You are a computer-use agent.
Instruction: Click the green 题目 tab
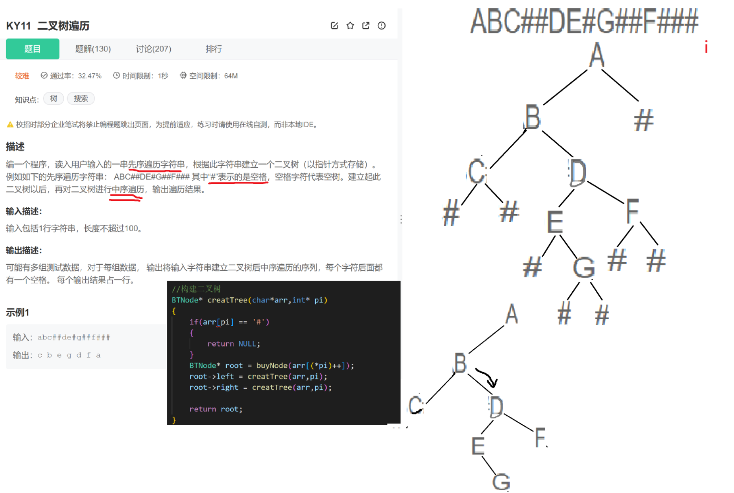[32, 49]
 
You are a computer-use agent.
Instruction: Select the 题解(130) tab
[93, 49]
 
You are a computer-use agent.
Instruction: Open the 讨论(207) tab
[153, 49]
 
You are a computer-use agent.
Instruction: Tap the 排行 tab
[213, 49]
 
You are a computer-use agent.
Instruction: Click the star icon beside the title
[350, 25]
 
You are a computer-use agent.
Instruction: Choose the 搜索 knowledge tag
[80, 99]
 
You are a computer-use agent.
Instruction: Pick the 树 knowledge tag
[53, 99]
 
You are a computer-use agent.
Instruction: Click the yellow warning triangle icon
[10, 124]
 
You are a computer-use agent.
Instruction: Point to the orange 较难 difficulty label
[22, 76]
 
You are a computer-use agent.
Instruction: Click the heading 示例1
[17, 312]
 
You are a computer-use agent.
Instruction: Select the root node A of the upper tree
[597, 55]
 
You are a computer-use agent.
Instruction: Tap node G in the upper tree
[584, 268]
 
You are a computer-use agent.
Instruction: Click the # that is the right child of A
[643, 120]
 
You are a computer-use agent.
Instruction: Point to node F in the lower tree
[540, 438]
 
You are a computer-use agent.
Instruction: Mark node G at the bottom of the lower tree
[501, 482]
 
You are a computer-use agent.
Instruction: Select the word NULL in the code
[247, 344]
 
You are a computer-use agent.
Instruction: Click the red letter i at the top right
[706, 47]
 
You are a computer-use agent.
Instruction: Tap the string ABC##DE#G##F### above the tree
[584, 21]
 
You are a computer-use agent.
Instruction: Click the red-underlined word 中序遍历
[128, 190]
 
